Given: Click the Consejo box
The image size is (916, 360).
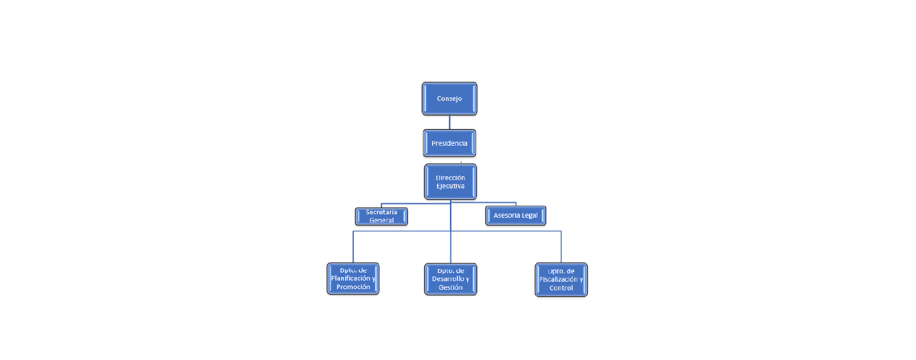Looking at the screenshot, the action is (449, 98).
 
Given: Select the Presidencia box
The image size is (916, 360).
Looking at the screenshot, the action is (449, 143).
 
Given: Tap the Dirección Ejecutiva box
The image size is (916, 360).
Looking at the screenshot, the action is (451, 182).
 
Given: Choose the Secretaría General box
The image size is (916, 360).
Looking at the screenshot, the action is (381, 216).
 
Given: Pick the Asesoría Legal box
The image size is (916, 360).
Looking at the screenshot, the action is (516, 215).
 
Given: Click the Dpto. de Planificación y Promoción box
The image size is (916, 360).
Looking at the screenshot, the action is (353, 279).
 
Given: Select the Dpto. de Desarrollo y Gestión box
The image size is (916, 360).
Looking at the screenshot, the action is (451, 279).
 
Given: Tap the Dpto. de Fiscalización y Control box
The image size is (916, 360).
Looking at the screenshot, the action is (561, 279).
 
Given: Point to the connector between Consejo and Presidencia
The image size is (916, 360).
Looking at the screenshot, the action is (449, 122).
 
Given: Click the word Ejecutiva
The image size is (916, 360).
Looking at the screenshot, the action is (451, 186).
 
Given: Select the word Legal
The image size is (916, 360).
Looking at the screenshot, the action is (528, 215).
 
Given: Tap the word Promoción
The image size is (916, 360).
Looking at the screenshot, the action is (353, 287).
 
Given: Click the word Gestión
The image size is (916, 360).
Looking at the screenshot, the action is (451, 287).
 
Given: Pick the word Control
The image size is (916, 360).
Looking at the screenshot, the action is (561, 287).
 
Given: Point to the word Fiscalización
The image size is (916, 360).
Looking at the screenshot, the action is (559, 279).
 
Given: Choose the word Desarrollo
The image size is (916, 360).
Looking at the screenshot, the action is (448, 279).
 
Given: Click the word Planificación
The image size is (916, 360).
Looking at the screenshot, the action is (350, 278).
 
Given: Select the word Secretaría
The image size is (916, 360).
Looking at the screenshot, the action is (381, 212).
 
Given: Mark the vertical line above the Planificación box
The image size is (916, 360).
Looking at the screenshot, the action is (353, 247).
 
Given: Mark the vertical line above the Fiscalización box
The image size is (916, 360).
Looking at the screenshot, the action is (561, 247).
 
